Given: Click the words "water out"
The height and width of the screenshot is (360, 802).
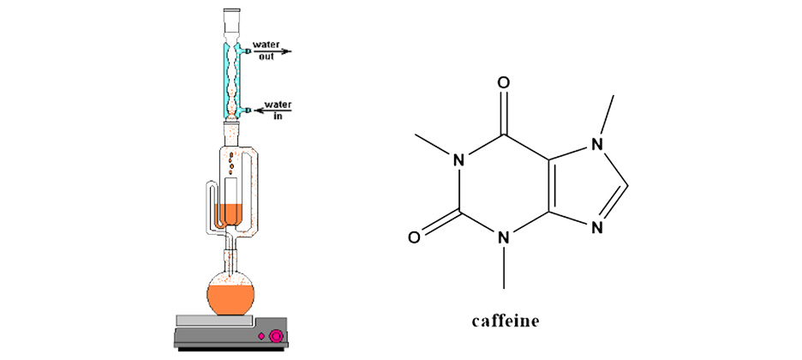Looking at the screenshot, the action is click(266, 50).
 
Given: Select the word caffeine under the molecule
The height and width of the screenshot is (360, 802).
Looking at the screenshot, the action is click(505, 321).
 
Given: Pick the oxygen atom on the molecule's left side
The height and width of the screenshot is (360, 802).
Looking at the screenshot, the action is click(415, 237).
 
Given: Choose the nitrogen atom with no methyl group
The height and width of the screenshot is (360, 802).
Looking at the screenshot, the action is click(596, 227).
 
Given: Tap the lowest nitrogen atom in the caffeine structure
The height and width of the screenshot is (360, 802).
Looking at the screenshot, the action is click(504, 237).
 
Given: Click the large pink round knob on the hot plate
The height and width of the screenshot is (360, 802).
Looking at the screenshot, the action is click(277, 336).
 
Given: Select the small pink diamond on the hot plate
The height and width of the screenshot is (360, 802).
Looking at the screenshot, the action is click(261, 336).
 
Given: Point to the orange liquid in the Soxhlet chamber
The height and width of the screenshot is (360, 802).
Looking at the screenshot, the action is click(229, 213).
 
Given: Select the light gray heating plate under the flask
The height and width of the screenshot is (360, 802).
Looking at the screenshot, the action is click(215, 321).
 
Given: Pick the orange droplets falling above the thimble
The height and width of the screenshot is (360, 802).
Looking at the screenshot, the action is click(232, 163).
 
